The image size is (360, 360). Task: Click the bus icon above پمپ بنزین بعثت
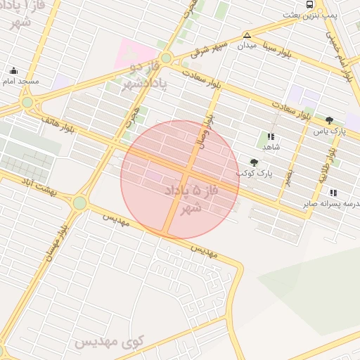[310, 4]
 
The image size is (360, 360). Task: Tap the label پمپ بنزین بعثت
[311, 15]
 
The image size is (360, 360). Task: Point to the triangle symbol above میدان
[247, 35]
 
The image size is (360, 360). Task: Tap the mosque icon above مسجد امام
[13, 70]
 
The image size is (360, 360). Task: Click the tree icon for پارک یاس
[329, 120]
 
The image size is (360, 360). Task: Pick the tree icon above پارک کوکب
[254, 162]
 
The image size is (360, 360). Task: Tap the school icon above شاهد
[271, 136]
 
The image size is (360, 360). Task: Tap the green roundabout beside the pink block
[165, 58]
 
